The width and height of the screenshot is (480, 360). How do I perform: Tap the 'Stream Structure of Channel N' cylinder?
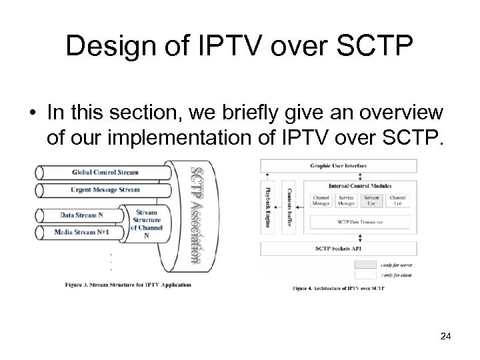[147, 223]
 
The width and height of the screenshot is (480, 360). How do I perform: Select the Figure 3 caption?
[128, 285]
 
